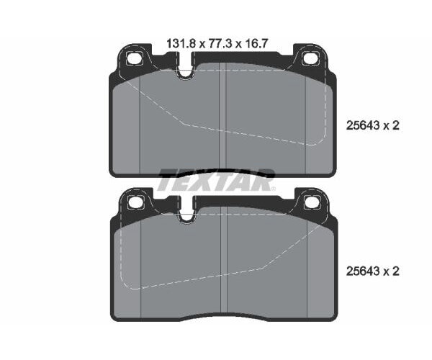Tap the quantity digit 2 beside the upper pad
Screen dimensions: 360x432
click(x=395, y=125)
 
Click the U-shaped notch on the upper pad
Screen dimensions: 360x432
click(x=186, y=73)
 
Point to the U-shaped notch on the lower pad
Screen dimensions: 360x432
click(x=186, y=215)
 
